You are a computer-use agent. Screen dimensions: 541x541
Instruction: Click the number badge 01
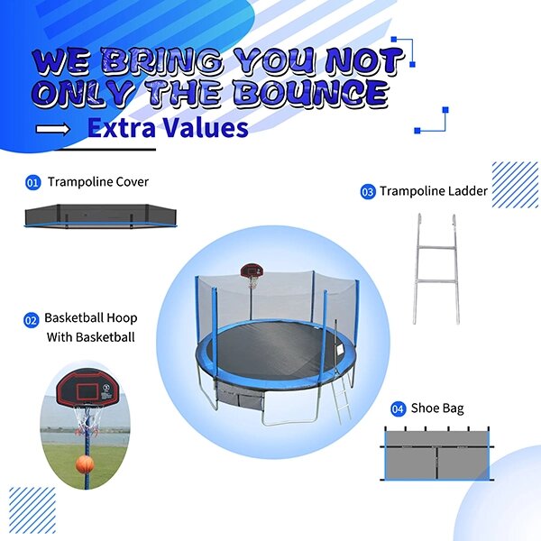click(x=32, y=182)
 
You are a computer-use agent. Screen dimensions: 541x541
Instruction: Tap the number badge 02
click(x=31, y=320)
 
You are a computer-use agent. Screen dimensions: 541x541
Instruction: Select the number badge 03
click(x=368, y=191)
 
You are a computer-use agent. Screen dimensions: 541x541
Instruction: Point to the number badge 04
click(x=399, y=408)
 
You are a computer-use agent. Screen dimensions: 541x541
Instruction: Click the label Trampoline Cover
click(x=98, y=182)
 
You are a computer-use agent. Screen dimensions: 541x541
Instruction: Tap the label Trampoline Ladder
click(x=434, y=191)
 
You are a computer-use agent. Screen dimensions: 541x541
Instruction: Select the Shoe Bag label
click(x=437, y=408)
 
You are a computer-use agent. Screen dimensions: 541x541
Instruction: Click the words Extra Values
click(x=168, y=128)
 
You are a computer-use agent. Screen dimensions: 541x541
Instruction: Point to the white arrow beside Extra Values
click(x=53, y=129)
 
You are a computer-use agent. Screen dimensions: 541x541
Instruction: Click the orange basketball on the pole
click(x=85, y=463)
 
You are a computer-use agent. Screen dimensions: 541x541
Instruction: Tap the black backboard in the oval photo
click(x=85, y=387)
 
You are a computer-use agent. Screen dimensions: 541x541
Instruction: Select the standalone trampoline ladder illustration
click(x=436, y=269)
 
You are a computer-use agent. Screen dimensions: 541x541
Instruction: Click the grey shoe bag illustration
click(x=437, y=454)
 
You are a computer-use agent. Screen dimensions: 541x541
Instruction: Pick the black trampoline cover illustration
click(x=100, y=216)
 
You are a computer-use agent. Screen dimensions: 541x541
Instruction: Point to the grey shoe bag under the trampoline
click(x=238, y=394)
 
